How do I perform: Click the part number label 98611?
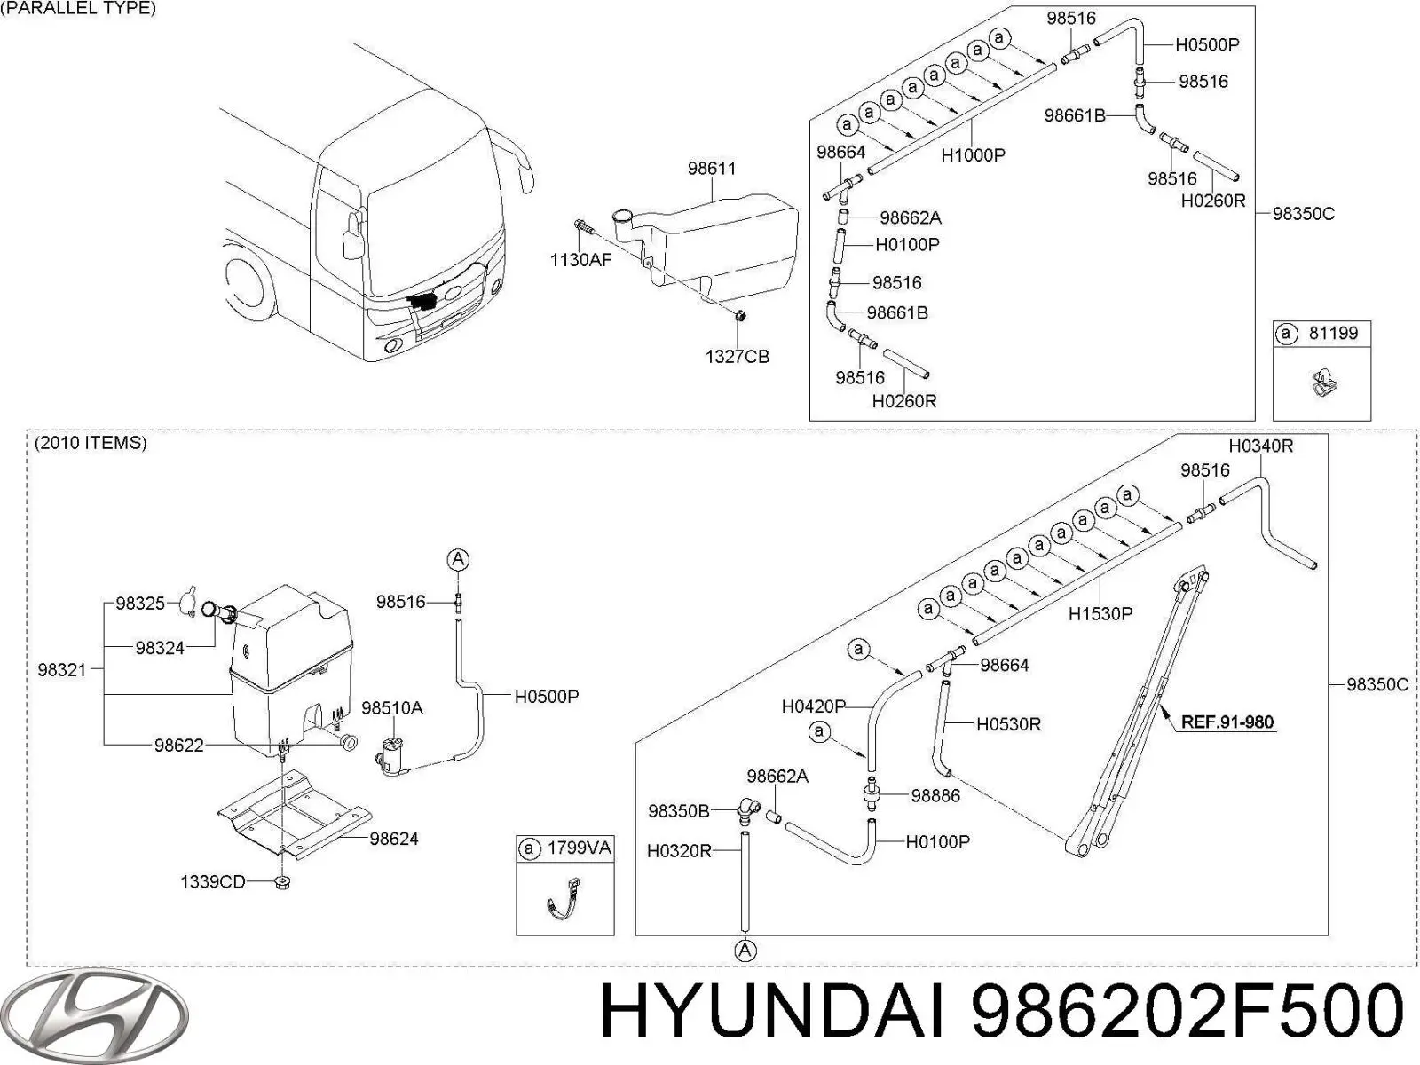711,168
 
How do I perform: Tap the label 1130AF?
580,260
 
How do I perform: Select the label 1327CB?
737,357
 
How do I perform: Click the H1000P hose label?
973,155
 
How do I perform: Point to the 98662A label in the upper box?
911,217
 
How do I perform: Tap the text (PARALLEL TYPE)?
78,9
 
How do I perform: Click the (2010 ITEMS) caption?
91,443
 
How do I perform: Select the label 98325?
140,603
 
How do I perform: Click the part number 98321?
62,670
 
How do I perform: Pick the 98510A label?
391,708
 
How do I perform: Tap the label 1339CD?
212,882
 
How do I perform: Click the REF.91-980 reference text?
1227,722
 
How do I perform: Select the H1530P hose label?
1100,613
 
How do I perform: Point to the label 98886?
935,796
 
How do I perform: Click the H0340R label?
1260,446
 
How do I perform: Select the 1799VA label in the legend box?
579,848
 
